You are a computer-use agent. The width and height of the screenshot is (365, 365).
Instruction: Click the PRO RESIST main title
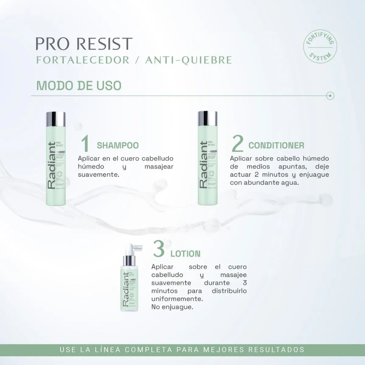(x=84, y=44)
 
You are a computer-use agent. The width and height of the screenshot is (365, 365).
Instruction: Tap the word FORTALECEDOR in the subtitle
(x=83, y=60)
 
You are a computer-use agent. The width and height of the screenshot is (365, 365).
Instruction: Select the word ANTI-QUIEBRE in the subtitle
(x=189, y=60)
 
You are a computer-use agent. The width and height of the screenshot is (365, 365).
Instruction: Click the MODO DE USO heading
(x=79, y=86)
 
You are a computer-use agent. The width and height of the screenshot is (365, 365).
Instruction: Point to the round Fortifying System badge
(x=320, y=46)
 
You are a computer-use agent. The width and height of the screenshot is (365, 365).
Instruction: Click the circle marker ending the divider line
(x=331, y=96)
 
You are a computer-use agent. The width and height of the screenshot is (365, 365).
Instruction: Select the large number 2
(x=238, y=144)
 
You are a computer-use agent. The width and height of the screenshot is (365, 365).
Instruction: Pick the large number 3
(x=159, y=249)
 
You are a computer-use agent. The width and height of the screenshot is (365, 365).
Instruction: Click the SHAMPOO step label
(x=118, y=146)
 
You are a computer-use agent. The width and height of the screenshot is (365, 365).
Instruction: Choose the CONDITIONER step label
(x=276, y=146)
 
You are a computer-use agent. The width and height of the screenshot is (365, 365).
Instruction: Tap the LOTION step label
(x=185, y=254)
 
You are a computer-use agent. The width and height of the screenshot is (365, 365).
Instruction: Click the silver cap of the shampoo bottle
(x=56, y=119)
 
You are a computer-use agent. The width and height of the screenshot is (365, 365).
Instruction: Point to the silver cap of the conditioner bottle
(x=208, y=118)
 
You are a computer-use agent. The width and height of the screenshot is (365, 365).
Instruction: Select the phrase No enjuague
(x=172, y=307)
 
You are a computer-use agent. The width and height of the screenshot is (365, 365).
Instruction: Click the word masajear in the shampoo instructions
(x=159, y=167)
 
